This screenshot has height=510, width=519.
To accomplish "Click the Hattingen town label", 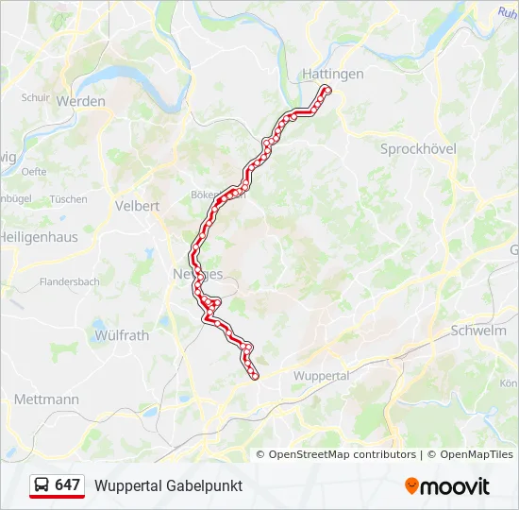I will coord(332,73).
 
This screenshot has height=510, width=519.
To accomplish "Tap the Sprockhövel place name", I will coord(417,148).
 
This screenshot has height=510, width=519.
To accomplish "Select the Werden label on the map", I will coord(81,101).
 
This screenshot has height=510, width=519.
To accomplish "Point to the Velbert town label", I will coord(137,205).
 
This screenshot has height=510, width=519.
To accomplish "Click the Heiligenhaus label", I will coord(40,237).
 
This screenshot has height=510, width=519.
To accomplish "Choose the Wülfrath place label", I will coord(122,334).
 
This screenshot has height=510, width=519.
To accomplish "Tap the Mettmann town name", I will coord(46,399).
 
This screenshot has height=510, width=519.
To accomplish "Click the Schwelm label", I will coord(478,331).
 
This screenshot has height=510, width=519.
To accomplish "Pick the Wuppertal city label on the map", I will coord(322,375).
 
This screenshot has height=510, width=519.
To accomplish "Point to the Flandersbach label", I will coord(69,281).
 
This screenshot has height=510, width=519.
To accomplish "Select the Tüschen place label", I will coord(68,199).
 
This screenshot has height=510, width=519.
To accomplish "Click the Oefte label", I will coord(35,171).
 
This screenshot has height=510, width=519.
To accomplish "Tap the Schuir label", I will coord(35,97).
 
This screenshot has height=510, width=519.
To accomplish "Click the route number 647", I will coord(68,484).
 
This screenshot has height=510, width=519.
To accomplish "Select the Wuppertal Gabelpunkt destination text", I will coord(168,485).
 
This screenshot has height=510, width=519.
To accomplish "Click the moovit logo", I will coord(447,486).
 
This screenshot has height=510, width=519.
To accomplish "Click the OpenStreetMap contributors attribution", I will coord(343,454).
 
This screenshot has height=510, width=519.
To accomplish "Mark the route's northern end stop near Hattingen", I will coord(327,90).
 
